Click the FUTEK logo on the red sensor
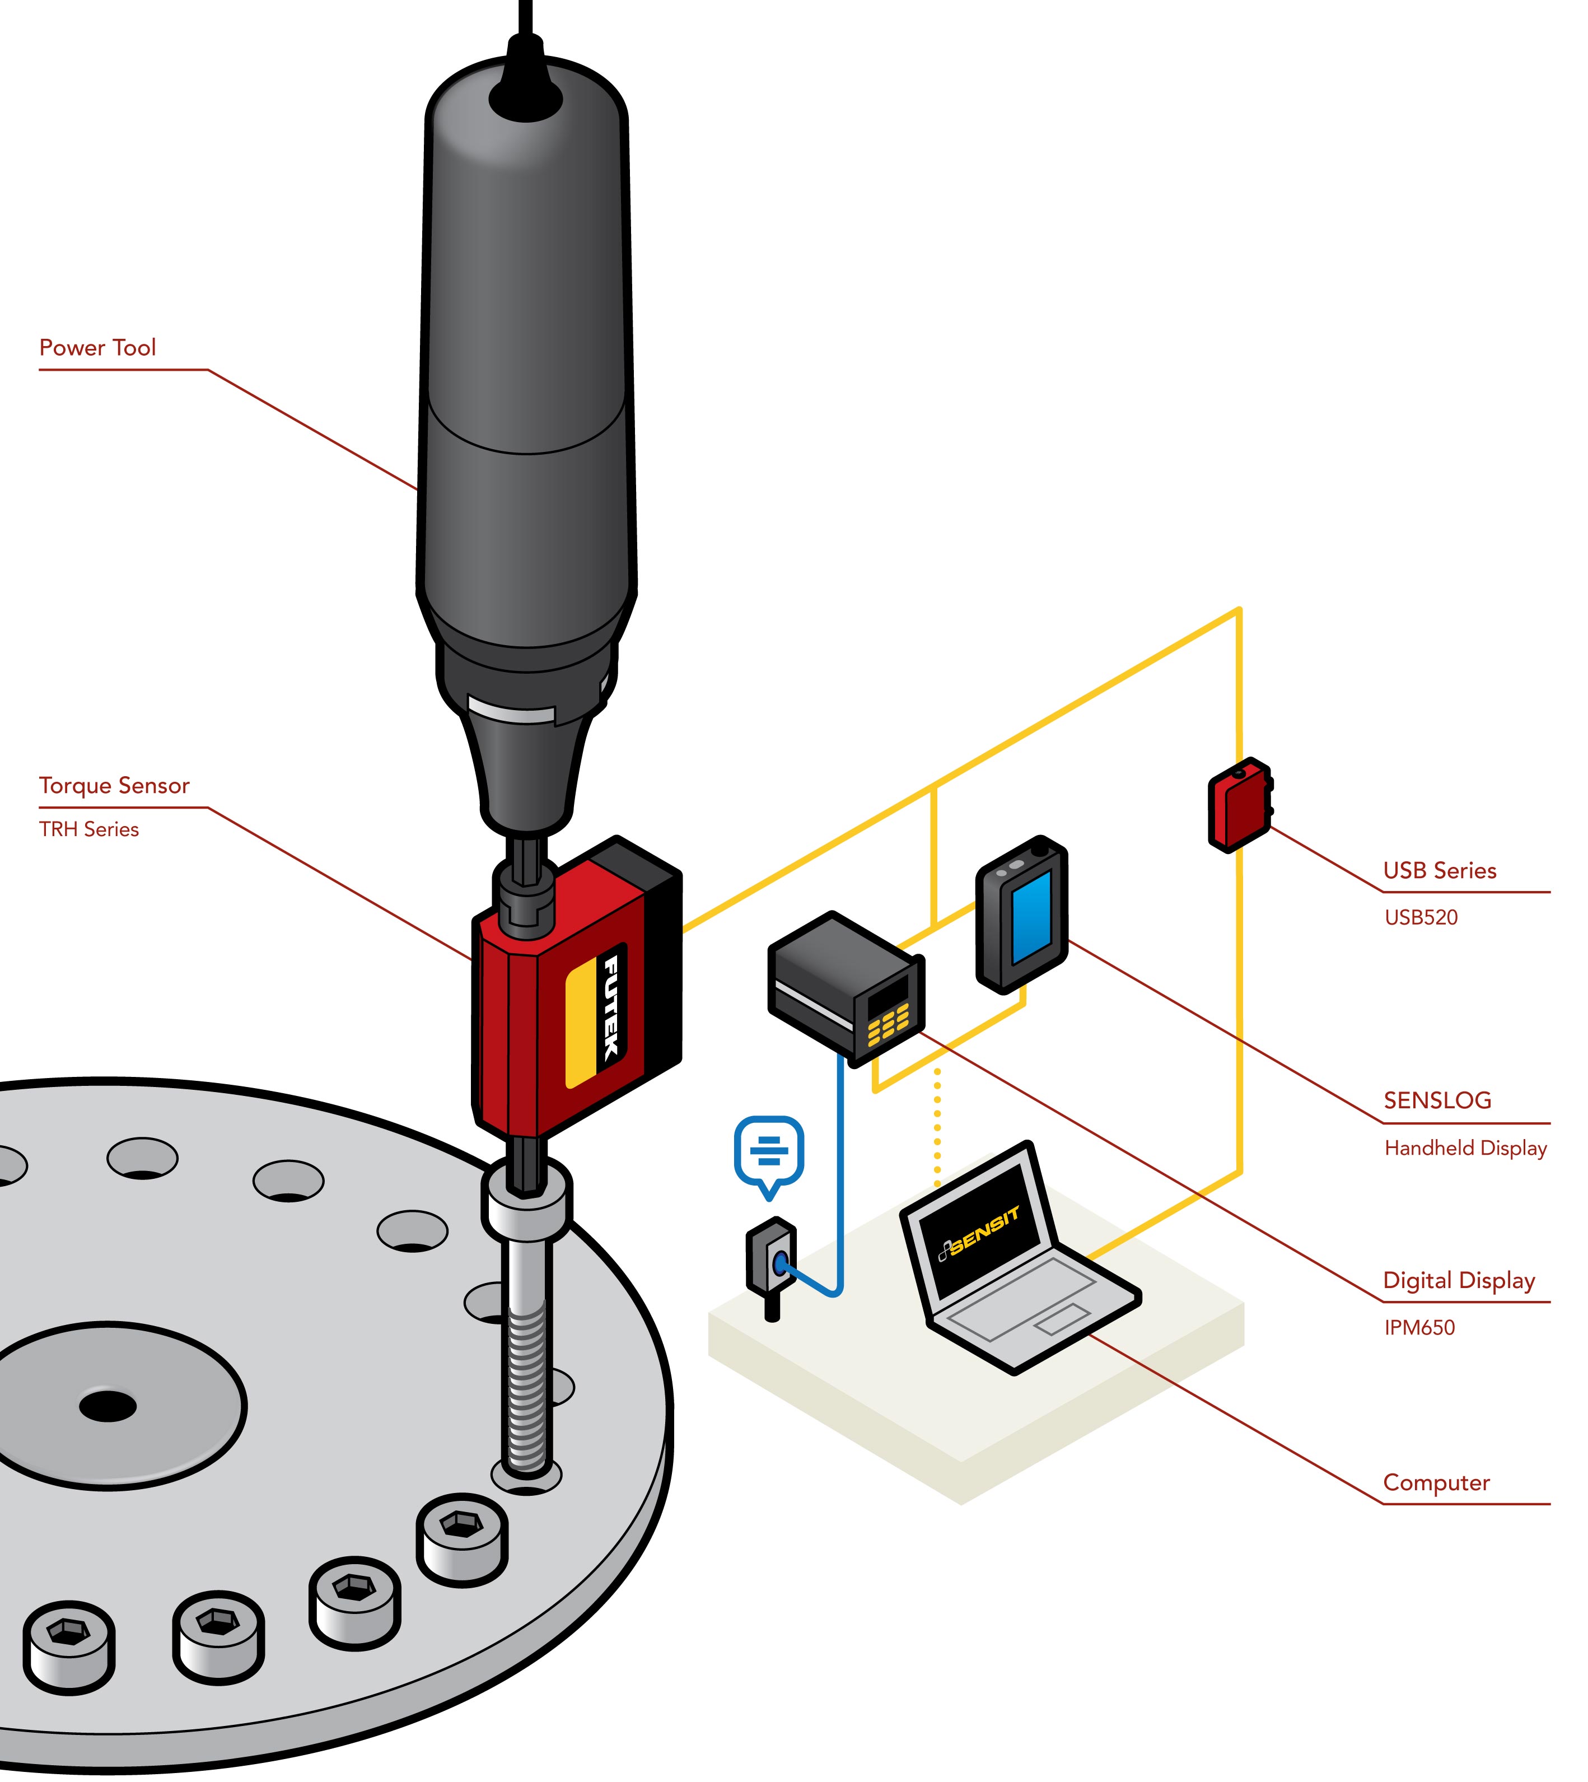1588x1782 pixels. coord(613,1008)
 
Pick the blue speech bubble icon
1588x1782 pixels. coord(769,1151)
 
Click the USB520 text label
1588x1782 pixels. coord(1421,917)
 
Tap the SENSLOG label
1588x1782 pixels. coord(1437,1100)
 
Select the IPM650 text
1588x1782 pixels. coord(1419,1327)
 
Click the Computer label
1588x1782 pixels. coord(1436,1483)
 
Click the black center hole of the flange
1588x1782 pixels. coord(108,1406)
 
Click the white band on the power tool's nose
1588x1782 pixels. coord(511,708)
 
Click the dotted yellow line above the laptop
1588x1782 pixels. coord(937,1126)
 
